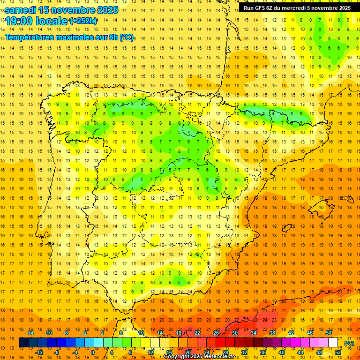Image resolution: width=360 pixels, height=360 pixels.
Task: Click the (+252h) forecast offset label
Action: pyautogui.click(x=83, y=21)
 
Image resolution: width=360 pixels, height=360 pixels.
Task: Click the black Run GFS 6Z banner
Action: pyautogui.click(x=297, y=8)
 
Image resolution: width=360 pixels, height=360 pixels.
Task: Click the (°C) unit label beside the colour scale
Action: pyautogui.click(x=349, y=343)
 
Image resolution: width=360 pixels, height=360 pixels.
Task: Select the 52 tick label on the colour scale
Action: pyautogui.click(x=338, y=352)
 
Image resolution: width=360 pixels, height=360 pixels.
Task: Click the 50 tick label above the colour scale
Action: pyautogui.click(x=329, y=333)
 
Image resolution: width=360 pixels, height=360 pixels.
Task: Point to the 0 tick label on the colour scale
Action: pyautogui.click(x=93, y=352)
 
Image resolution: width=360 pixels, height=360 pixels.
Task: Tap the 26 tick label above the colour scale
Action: pyautogui.click(x=216, y=333)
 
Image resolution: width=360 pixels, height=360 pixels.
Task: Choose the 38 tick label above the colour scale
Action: pyautogui.click(x=272, y=333)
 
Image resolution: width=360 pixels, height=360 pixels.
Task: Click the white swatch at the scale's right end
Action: pyautogui.click(x=333, y=343)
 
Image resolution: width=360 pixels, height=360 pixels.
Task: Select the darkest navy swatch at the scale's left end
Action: pyautogui.click(x=24, y=343)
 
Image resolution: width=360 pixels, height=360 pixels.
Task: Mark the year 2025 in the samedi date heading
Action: pyautogui.click(x=106, y=10)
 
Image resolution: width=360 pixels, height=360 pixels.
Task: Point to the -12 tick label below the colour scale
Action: pyautogui.click(x=39, y=352)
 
